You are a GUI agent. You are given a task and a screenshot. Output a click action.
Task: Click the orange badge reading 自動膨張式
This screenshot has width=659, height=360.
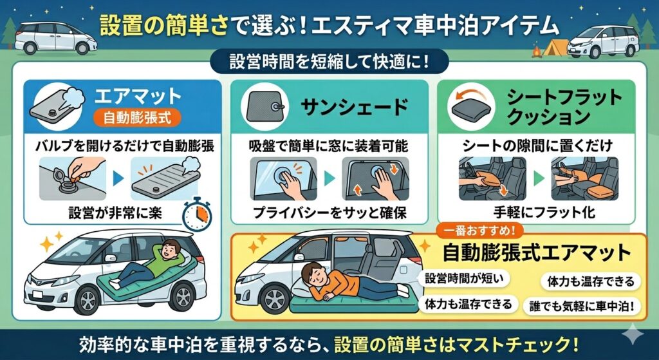pyautogui.click(x=136, y=117)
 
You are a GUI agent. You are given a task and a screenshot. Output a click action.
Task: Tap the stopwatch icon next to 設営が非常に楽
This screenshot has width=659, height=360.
pyautogui.click(x=197, y=214)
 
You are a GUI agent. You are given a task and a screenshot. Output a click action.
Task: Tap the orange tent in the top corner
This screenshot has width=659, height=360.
pyautogui.click(x=555, y=46)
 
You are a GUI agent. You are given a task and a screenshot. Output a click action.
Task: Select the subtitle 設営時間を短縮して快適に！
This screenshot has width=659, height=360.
pyautogui.click(x=329, y=64)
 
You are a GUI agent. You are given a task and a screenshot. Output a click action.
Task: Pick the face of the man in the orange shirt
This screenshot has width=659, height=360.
pyautogui.click(x=315, y=274)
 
